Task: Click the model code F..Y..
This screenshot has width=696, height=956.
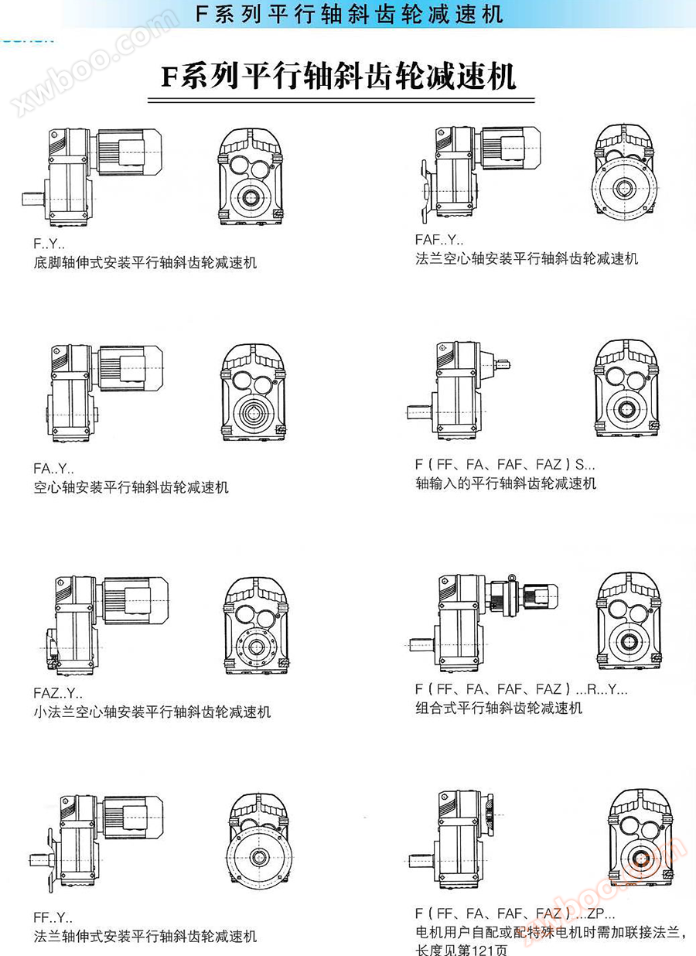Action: (x=49, y=244)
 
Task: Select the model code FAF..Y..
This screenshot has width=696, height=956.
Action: (x=439, y=240)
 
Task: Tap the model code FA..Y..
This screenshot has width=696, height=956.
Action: (x=54, y=468)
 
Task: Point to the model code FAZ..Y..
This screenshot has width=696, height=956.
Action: (x=58, y=693)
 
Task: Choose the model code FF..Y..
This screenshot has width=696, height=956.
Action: (x=53, y=917)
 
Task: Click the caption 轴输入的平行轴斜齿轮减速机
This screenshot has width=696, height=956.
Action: (x=506, y=483)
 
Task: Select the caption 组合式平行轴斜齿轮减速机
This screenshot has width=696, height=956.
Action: (x=499, y=708)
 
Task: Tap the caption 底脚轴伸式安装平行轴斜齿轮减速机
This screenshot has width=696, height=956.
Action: (x=145, y=262)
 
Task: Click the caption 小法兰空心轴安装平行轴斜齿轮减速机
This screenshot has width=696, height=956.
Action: (x=152, y=712)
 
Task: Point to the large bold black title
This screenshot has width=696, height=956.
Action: (x=339, y=77)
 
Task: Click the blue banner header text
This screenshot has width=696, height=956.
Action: (x=349, y=14)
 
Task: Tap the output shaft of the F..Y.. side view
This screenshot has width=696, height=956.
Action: (x=33, y=199)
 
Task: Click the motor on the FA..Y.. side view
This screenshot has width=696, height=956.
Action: (x=131, y=368)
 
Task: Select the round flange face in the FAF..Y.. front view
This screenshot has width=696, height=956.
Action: (x=625, y=188)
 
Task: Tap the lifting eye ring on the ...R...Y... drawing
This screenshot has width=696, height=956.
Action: (x=512, y=578)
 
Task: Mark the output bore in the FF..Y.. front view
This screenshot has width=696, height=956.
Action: (x=258, y=857)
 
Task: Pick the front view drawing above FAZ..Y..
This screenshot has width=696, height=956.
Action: (x=256, y=626)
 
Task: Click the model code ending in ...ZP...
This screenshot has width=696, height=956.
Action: (x=514, y=913)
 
